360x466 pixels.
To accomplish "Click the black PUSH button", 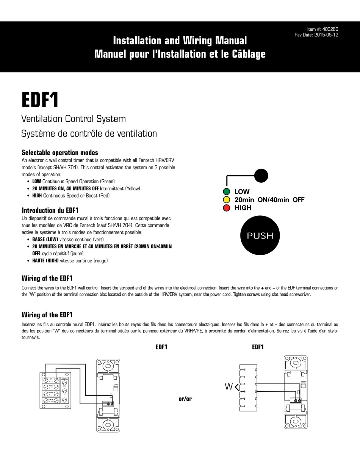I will click(260, 235).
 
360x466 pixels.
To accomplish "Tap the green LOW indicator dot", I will click(227, 192).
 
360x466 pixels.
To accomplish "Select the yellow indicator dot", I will click(227, 200).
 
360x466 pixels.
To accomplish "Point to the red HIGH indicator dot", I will click(227, 208).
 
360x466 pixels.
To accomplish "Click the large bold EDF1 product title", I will click(40, 100).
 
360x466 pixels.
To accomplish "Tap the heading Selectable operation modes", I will click(60, 152).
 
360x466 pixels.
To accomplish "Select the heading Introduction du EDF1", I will click(50, 210).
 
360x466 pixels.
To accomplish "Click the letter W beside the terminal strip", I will click(229, 387).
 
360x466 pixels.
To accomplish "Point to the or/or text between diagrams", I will click(185, 399).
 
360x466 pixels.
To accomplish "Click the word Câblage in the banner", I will click(247, 54).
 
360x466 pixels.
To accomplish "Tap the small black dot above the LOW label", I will click(261, 176).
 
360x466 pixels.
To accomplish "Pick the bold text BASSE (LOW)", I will click(45, 240).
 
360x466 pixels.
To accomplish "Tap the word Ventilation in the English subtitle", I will click(42, 119).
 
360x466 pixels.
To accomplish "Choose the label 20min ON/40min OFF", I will click(269, 200).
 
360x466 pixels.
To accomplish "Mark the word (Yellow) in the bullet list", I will click(133, 188).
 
